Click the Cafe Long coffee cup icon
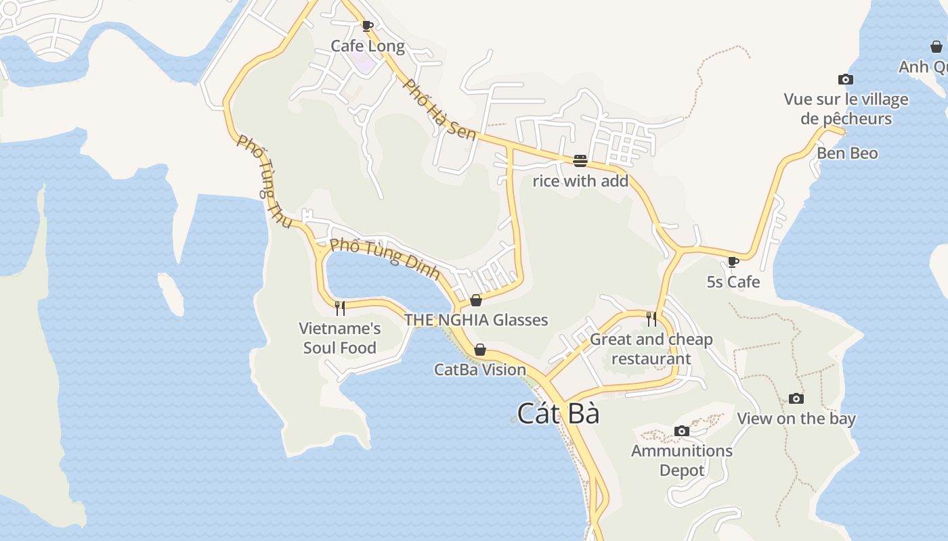point(367,26)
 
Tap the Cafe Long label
point(368,46)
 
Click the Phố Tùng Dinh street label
point(385,260)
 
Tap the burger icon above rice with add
point(580,161)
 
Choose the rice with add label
point(580,181)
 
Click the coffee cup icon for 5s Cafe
point(733,262)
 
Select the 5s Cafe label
point(733,281)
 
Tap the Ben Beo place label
point(847,153)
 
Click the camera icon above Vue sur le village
point(845,80)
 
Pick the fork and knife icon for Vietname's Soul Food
point(340,308)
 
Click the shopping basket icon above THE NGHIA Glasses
point(476,300)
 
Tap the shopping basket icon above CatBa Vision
point(480,350)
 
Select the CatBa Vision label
point(480,369)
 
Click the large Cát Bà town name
point(559,413)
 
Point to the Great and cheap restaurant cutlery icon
point(651,319)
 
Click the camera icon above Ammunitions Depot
point(682,431)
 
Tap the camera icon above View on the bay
point(796,398)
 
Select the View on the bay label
point(796,418)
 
